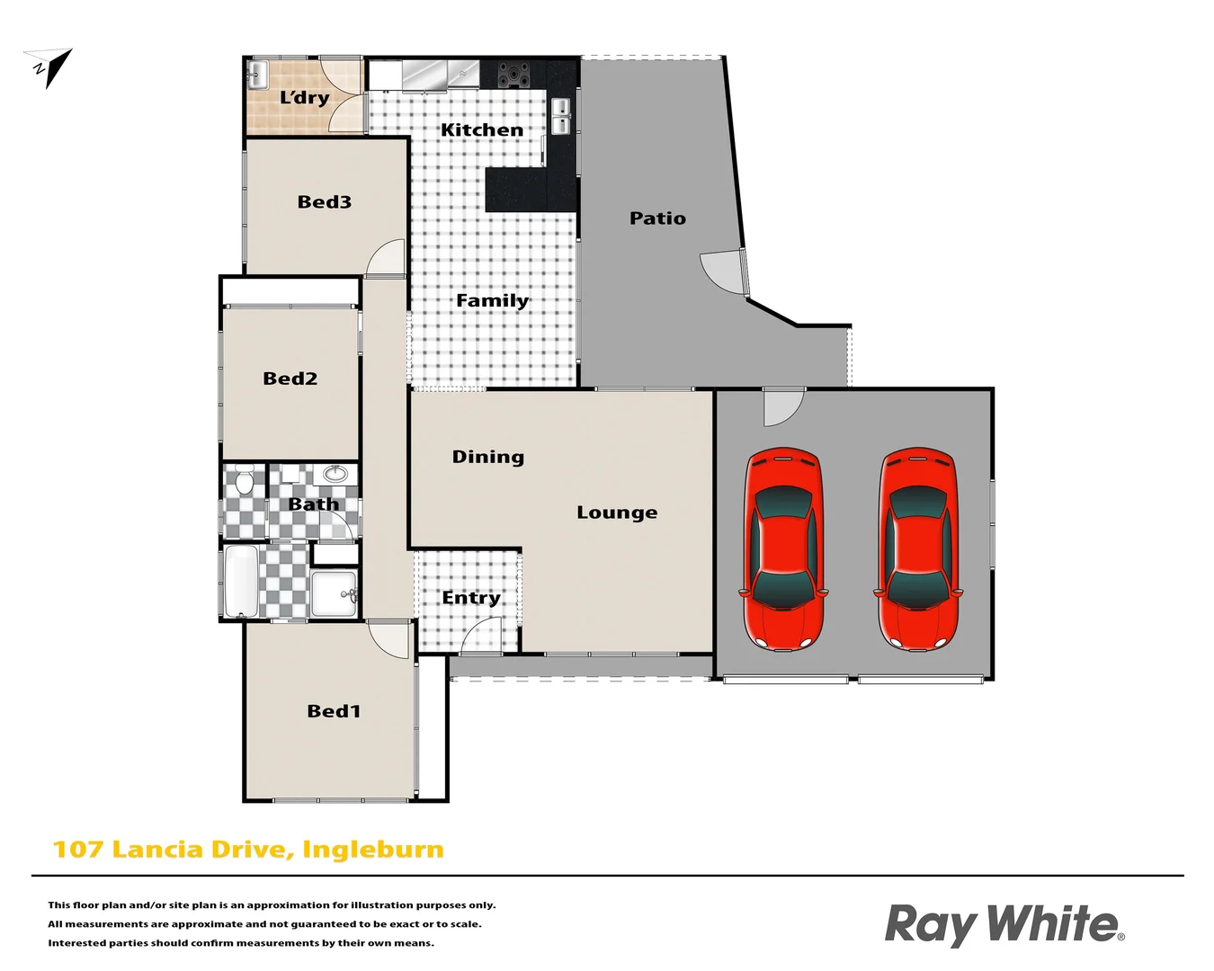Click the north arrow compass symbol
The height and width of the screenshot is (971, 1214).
[x=50, y=67]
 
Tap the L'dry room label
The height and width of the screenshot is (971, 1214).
[x=304, y=98]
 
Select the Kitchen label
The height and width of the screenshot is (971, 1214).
[x=481, y=130]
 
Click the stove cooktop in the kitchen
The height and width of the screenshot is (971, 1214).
[x=513, y=74]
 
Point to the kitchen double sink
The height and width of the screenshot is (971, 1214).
[x=560, y=116]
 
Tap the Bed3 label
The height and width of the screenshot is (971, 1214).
[x=324, y=202]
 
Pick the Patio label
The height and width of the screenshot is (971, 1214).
[x=657, y=218]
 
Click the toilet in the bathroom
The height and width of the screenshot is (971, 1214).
[x=244, y=483]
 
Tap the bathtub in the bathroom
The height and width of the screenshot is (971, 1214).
[x=241, y=582]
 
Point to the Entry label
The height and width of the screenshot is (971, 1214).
[x=470, y=598]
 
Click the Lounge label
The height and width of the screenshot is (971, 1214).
[x=616, y=512]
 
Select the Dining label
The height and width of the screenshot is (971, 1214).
[x=487, y=457]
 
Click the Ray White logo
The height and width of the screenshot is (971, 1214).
[x=1004, y=924]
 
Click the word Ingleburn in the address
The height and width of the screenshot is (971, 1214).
[x=372, y=850]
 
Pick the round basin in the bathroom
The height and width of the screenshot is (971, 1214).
[x=335, y=474]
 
